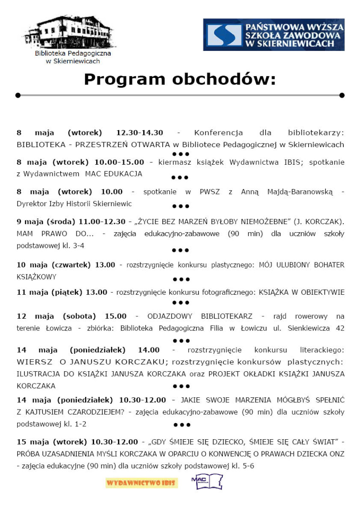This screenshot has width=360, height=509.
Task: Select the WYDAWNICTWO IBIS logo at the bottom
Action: [x=142, y=483]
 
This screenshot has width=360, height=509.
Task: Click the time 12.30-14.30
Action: [x=139, y=133]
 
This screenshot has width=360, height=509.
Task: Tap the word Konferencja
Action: [x=219, y=133]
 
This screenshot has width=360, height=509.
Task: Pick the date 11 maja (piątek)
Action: [x=49, y=293]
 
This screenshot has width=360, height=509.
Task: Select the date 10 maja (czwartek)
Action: [x=54, y=265]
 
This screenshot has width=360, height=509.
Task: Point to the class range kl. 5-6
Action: [x=244, y=466]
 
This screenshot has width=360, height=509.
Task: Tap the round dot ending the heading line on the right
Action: [x=342, y=95]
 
